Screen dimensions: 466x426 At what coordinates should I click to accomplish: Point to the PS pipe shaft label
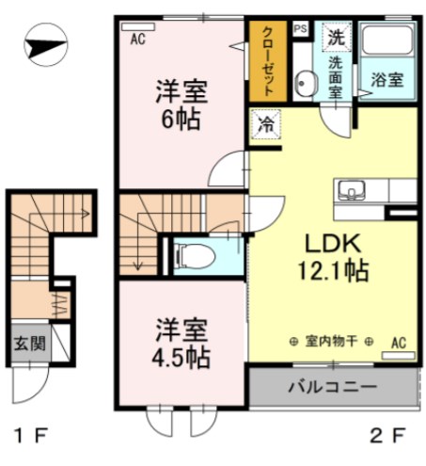tap(301, 29)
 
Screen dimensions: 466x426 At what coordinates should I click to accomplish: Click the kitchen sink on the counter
tap(352, 186)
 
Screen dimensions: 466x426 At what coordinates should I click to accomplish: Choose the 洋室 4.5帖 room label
tap(181, 345)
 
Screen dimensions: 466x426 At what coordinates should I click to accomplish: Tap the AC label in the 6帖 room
tap(137, 39)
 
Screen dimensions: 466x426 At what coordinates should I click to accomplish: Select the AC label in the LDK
tap(398, 343)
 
